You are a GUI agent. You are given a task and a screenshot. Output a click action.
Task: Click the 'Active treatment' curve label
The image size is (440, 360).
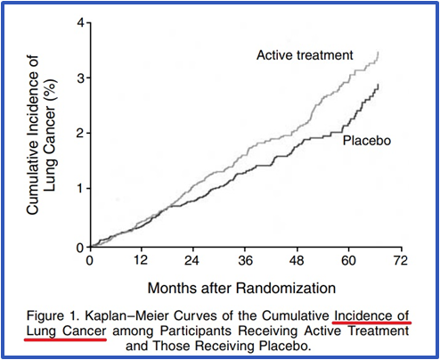coord(305,55)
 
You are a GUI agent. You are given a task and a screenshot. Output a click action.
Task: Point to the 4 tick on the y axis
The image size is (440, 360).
coord(79,20)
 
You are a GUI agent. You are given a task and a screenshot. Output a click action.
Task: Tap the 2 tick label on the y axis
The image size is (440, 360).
coord(79,133)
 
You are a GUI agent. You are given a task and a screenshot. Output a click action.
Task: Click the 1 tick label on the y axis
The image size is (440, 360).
coord(79,189)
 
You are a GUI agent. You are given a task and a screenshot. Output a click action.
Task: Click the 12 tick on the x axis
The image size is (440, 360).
coord(139,262)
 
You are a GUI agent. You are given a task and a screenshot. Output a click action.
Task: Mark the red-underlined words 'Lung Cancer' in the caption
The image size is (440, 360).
coord(68,331)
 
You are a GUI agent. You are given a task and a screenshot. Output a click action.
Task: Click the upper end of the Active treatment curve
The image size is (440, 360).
coord(378,53)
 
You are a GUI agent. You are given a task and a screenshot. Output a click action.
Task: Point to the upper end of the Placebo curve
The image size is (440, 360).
coord(379,85)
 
